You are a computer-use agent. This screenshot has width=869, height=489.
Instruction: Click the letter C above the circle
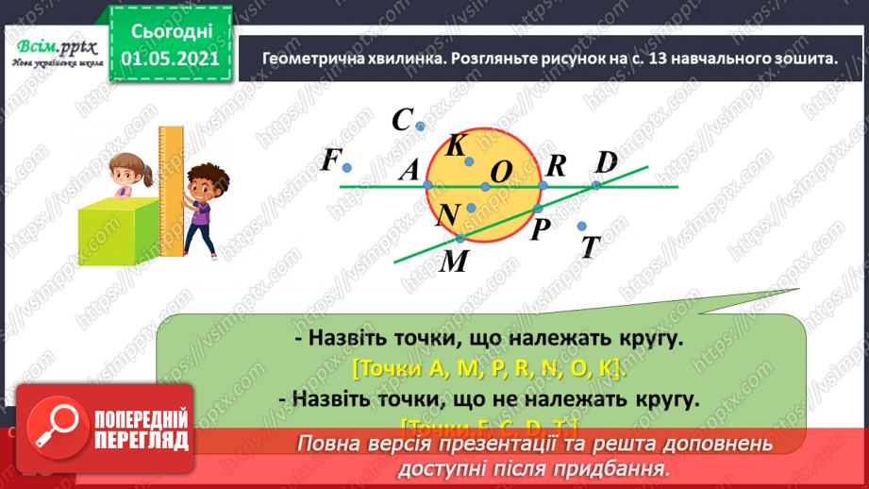click(x=403, y=120)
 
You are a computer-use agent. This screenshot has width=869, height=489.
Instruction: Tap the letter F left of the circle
click(x=329, y=160)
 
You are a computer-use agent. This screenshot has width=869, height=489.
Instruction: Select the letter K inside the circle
click(x=456, y=145)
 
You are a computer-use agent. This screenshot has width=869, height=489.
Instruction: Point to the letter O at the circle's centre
click(x=501, y=172)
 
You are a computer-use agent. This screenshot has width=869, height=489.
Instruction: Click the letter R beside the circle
click(x=556, y=166)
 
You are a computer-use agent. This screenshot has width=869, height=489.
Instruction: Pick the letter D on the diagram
click(x=606, y=162)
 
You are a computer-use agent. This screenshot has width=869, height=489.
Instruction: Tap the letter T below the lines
click(x=591, y=247)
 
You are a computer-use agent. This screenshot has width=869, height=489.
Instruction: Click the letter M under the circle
click(x=455, y=261)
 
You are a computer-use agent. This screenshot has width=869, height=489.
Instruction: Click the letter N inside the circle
click(x=448, y=216)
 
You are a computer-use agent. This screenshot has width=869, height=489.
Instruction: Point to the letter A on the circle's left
click(x=409, y=171)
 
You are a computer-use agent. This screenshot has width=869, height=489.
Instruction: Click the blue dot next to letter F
click(x=347, y=168)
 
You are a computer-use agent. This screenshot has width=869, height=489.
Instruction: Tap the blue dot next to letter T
click(x=581, y=225)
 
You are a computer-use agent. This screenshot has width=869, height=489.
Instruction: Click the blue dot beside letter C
click(x=421, y=126)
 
